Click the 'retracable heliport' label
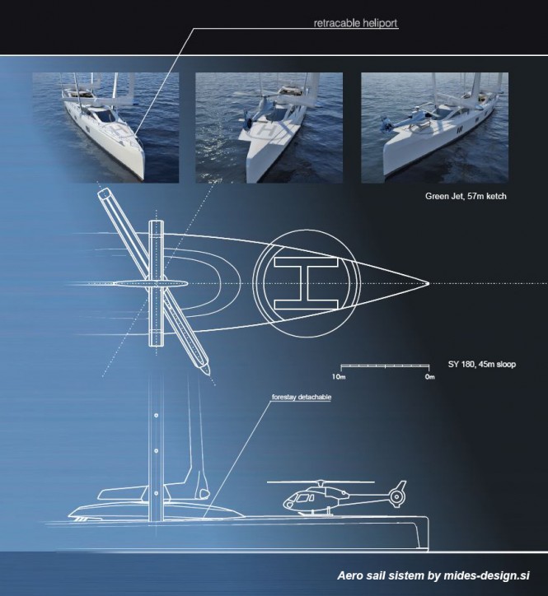[x=355, y=24]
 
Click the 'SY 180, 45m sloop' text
[x=481, y=363]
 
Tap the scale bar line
[x=384, y=365]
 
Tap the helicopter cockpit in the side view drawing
[x=293, y=500]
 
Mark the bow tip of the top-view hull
[x=428, y=283]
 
